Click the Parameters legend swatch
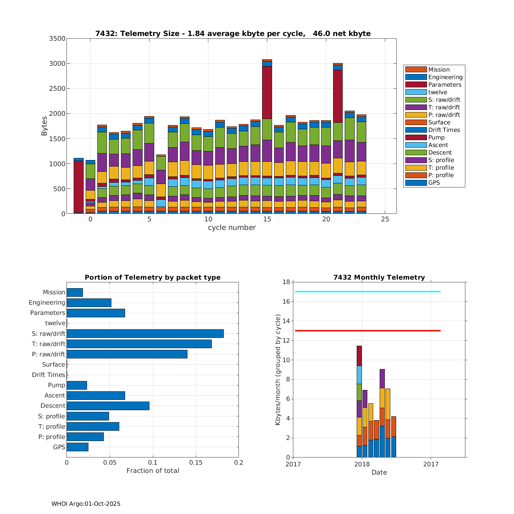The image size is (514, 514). (416, 85)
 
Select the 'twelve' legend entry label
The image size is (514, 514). (438, 92)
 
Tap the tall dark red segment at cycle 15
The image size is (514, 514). (267, 93)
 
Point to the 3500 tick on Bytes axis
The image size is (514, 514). (57, 38)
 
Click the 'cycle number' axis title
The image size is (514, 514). (232, 228)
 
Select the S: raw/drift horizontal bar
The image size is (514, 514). (145, 333)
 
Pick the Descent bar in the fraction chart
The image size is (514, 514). (108, 406)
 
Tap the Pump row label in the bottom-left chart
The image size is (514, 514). (57, 385)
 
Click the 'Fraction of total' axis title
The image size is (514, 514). (152, 471)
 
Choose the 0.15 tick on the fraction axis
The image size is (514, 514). (196, 463)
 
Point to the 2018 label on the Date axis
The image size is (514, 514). (362, 464)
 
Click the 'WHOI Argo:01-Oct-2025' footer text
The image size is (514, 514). (86, 504)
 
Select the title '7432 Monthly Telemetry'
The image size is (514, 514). (379, 277)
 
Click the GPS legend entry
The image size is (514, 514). (434, 183)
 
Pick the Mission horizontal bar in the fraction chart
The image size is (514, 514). (75, 292)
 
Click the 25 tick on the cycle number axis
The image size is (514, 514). (385, 219)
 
